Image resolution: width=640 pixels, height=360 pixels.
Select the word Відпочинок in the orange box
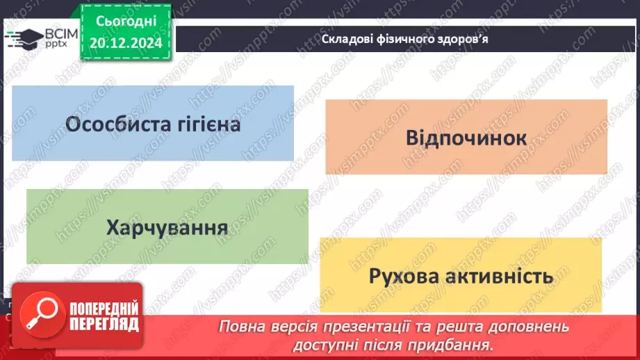466,137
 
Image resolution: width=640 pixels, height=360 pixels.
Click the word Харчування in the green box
167,227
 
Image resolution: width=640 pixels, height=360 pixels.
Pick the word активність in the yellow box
502,276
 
